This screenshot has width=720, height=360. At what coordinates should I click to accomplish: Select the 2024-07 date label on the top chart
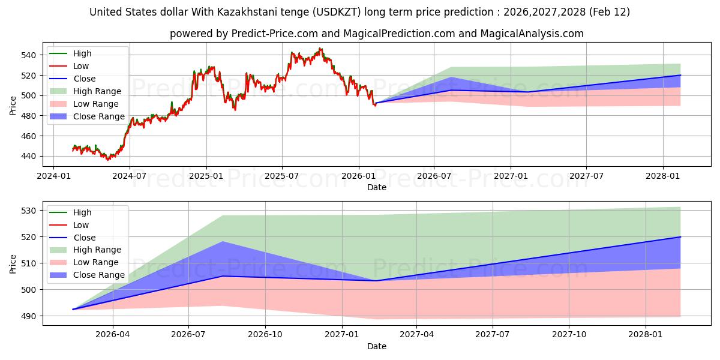[x=130, y=176]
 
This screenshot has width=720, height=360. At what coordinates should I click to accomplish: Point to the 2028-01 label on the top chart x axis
[x=663, y=176]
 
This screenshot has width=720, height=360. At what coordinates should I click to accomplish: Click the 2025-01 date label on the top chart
[x=206, y=176]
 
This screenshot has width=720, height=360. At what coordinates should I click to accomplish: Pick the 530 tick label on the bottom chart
[x=28, y=211]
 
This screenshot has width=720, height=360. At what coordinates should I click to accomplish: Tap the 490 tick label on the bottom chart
[x=28, y=316]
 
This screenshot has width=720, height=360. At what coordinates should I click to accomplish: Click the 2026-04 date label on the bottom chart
[x=113, y=335]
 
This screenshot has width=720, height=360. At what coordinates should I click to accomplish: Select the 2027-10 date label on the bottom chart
[x=569, y=335]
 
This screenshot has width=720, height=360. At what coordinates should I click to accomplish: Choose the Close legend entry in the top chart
[x=85, y=79]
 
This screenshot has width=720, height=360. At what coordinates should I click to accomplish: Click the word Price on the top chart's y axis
[x=13, y=106]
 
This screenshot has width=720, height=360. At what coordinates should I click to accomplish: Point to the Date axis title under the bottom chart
[x=377, y=346]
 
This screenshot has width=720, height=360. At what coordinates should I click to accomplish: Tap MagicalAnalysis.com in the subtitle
[x=532, y=34]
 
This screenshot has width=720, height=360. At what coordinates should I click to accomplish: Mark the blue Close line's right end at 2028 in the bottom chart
[x=680, y=237]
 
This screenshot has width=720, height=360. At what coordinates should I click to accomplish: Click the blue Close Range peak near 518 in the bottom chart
[x=223, y=242]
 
